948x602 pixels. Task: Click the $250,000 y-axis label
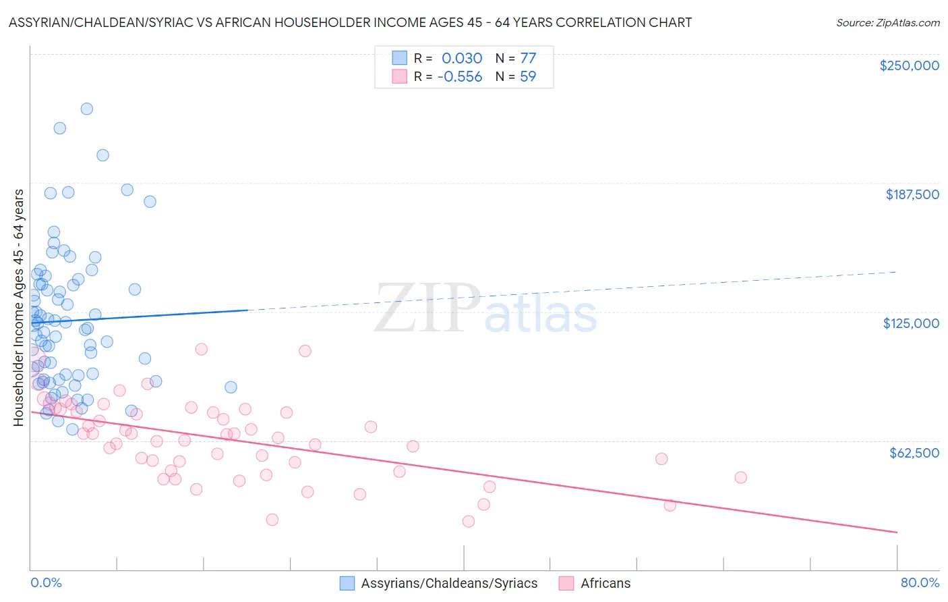[909, 65]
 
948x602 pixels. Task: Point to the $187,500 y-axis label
[912, 194]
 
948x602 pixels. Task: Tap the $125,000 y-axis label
[911, 323]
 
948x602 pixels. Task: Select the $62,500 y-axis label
[914, 453]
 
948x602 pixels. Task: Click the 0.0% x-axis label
[46, 582]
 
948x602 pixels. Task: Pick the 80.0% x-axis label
[920, 582]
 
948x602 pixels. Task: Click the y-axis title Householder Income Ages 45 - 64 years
[18, 308]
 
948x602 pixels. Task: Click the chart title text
[350, 22]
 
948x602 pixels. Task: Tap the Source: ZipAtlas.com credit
[887, 22]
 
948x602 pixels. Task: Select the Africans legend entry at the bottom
[605, 583]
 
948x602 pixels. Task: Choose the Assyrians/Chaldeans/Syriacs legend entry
[449, 583]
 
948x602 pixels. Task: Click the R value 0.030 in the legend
[462, 58]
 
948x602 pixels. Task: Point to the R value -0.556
[460, 76]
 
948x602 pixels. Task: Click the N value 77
[528, 58]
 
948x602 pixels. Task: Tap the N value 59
[528, 76]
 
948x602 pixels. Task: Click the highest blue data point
[86, 109]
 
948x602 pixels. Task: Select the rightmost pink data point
[740, 477]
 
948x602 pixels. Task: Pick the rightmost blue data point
[231, 387]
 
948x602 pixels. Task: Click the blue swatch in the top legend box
[400, 58]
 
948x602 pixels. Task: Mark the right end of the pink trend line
[897, 532]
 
